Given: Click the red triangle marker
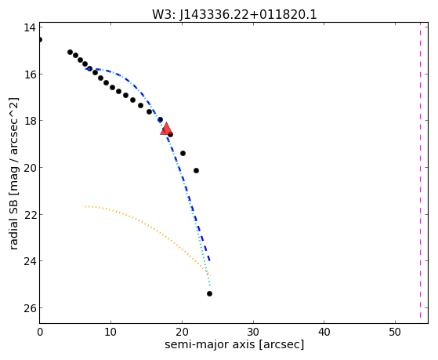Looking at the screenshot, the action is (166, 129).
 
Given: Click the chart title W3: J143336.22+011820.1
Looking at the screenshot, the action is (234, 15).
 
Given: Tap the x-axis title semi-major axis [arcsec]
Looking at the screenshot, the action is (234, 344).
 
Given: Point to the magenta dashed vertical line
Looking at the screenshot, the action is (420, 170).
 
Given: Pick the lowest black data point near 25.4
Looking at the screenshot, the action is (209, 293).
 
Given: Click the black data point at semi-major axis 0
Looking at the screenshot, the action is (40, 40).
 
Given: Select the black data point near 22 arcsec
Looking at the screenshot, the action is (196, 171).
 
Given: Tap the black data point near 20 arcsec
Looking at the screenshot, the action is (183, 153).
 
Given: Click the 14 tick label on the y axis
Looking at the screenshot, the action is (30, 27).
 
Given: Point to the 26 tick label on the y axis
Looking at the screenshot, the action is (30, 308).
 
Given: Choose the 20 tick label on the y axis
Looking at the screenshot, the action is (30, 168).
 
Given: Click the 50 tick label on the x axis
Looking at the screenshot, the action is (395, 332).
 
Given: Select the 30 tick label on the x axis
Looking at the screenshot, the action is (253, 332).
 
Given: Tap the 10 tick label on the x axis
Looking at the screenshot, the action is (111, 332).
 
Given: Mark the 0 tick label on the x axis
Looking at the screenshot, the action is (40, 332).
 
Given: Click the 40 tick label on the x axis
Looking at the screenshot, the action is (324, 332).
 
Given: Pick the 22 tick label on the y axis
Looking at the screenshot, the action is (30, 215).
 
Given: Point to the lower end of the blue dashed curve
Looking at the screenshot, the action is (209, 260).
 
